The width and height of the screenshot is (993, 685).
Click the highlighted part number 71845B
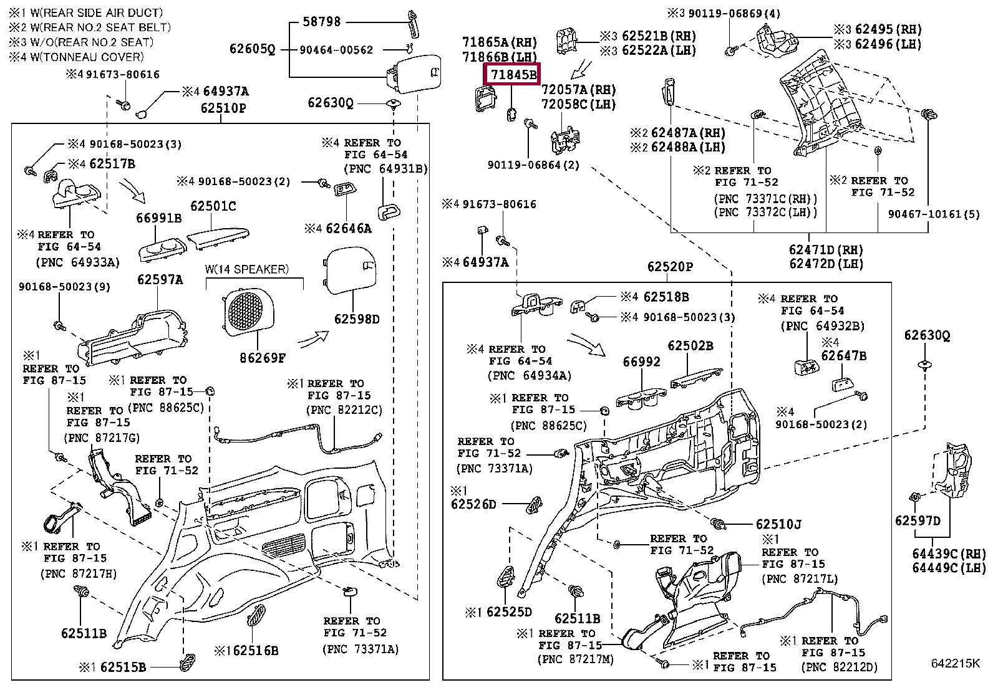click(x=513, y=75)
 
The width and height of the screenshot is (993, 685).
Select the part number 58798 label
click(x=321, y=22)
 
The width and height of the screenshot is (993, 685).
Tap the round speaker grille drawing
click(x=248, y=310)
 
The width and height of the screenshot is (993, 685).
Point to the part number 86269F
click(x=263, y=358)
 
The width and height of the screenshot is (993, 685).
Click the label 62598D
click(x=357, y=319)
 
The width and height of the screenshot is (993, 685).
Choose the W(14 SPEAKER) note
click(x=247, y=269)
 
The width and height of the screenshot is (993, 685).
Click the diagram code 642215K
click(x=955, y=663)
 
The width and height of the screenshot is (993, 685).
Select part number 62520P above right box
click(x=670, y=267)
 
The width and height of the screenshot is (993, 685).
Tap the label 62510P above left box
click(x=223, y=108)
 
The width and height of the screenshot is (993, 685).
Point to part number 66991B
click(x=159, y=218)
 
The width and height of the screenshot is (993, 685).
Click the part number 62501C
click(x=213, y=206)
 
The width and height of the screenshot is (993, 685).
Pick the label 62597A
click(x=160, y=280)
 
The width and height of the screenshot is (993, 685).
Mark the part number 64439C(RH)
click(x=949, y=553)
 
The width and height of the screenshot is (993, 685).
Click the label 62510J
click(x=778, y=525)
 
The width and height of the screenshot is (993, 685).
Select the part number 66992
click(x=641, y=362)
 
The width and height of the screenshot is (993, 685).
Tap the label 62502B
click(x=690, y=346)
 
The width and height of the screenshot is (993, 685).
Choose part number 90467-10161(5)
click(x=934, y=214)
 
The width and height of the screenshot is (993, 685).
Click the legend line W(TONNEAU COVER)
click(x=76, y=57)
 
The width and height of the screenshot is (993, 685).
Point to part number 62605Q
click(x=252, y=49)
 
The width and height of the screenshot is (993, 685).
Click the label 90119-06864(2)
click(x=533, y=165)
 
